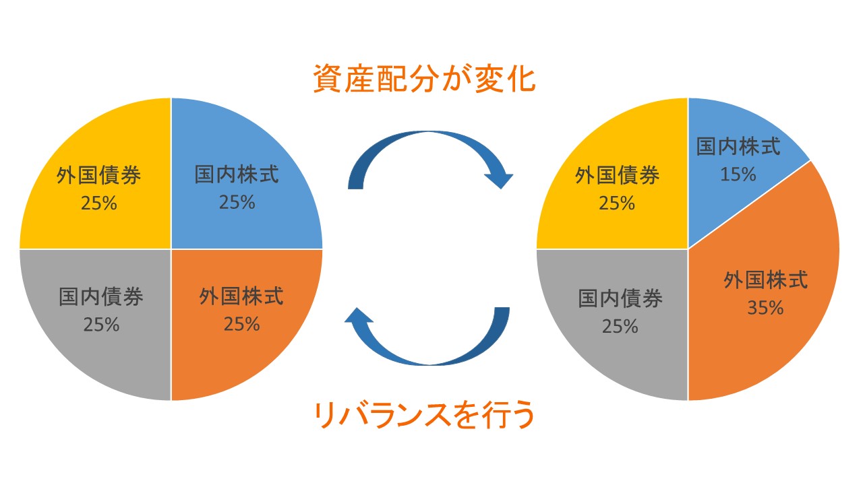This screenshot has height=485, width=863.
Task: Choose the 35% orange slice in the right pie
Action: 775,337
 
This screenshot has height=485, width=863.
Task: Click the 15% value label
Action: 738,174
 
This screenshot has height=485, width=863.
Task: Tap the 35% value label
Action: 765,308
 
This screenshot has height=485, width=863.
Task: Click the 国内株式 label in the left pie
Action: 237,175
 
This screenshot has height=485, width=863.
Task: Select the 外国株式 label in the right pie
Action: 766,280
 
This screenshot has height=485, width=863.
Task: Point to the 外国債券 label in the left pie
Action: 99,176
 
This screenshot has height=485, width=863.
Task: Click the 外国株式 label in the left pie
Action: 241,296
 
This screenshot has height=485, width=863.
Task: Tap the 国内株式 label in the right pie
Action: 738,147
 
